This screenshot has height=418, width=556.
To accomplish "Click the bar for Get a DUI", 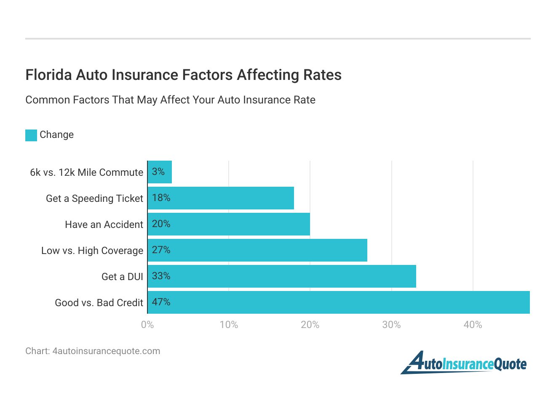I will (282, 276).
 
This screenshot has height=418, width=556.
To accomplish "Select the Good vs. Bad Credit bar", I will (339, 302).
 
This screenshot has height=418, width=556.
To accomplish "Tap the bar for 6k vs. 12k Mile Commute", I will (160, 172).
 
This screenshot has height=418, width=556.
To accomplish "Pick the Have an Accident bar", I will (229, 224).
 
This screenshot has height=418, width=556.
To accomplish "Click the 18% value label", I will (161, 198).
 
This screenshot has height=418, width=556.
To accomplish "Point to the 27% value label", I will (161, 250).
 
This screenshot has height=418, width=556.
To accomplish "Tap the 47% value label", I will (161, 302).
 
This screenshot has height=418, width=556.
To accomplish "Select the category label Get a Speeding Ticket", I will (94, 198).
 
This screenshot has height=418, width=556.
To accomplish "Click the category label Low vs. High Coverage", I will (92, 251).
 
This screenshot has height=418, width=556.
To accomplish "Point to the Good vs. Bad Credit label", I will (99, 303).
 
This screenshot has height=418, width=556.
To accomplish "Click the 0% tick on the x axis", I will (147, 325).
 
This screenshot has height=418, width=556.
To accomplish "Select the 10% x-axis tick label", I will (229, 325).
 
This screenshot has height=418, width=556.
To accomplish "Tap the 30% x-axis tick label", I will (391, 325).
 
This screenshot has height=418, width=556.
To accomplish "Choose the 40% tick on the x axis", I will (473, 325).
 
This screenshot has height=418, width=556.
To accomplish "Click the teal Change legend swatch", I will (31, 135).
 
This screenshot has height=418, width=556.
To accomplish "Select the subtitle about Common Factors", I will (170, 100).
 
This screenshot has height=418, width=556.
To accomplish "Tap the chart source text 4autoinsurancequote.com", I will (106, 351).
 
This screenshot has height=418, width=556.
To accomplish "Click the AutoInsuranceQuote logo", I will (464, 363).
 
